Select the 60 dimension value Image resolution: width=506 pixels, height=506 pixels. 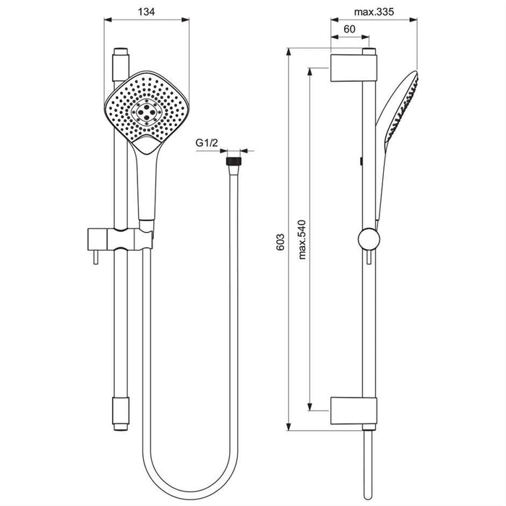click(x=349, y=29)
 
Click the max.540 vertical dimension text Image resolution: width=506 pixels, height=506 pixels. click(x=303, y=239)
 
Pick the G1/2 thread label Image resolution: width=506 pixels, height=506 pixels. click(x=207, y=144)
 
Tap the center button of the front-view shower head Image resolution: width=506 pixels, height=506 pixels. click(x=147, y=111)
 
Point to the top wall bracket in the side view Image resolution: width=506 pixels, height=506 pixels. click(x=354, y=67)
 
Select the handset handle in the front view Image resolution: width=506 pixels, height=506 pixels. click(x=147, y=181)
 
